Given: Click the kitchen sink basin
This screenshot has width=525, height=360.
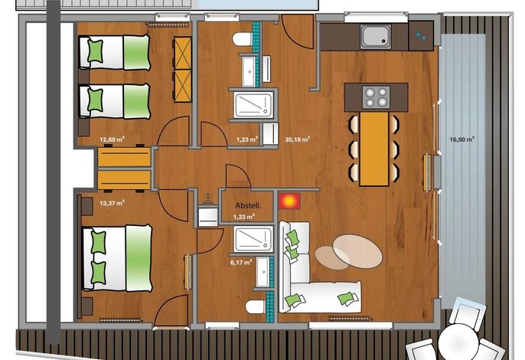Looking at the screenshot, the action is (376, 36).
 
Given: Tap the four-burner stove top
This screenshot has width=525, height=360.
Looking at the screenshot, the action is (376, 97).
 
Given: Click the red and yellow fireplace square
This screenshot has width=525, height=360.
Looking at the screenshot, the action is (289, 201).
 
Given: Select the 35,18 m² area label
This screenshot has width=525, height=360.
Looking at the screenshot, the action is (297, 139).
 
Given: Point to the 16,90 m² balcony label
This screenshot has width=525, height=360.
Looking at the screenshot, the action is (461, 139).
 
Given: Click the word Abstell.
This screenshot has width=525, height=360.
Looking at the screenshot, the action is (248, 205).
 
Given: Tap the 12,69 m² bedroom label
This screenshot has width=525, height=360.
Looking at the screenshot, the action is (112, 139).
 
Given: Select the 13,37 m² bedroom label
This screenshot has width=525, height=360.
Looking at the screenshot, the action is (112, 203).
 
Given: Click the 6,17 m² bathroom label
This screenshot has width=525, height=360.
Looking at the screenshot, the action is (241, 263).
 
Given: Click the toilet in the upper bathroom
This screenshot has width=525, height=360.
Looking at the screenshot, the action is (242, 40).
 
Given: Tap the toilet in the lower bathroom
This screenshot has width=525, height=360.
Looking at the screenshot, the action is (256, 306).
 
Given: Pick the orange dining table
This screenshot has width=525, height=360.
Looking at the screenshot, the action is (374, 149).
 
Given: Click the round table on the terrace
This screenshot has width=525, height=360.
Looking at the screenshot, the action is (458, 342).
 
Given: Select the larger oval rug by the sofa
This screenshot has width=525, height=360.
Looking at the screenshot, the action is (357, 251).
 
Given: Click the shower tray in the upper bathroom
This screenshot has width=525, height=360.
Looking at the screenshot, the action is (253, 106).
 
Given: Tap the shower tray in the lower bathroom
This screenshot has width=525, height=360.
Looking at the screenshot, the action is (253, 239).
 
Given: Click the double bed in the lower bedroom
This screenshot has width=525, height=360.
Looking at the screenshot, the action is (117, 258).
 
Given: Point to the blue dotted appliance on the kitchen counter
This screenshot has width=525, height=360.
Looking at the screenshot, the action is (421, 36).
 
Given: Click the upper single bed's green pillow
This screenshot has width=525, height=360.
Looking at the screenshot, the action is (95, 51).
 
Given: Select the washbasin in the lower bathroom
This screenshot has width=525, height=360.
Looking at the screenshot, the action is (263, 271).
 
